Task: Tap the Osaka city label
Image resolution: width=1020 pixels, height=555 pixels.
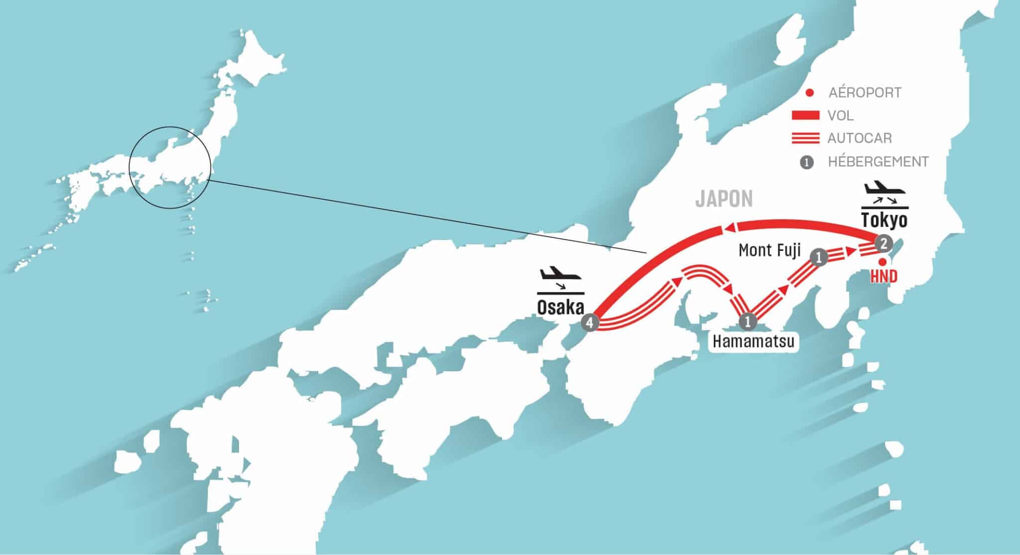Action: [560, 308]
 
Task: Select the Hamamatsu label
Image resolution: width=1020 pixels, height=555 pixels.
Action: [753, 341]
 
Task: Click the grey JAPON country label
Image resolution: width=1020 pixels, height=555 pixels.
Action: [724, 199]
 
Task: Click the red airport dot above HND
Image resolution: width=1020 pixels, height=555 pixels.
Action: [882, 261]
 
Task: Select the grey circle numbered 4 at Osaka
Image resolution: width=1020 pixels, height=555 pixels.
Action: [590, 323]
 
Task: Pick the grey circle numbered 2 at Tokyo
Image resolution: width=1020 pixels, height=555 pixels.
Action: [883, 243]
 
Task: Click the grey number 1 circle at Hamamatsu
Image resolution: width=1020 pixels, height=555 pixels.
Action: [747, 321]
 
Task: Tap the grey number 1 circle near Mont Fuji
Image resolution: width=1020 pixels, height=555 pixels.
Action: [819, 257]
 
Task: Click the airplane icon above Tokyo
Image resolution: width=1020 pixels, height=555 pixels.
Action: [884, 190]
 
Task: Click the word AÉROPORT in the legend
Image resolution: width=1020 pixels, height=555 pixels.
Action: [865, 93]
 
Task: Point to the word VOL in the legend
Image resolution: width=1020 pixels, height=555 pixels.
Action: [841, 115]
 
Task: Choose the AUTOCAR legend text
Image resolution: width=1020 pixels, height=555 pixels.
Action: [860, 138]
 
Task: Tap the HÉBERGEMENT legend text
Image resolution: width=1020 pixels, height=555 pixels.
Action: [878, 162]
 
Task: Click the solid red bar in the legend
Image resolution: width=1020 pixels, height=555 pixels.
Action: [805, 115]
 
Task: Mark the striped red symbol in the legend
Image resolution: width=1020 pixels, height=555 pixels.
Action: [805, 138]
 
